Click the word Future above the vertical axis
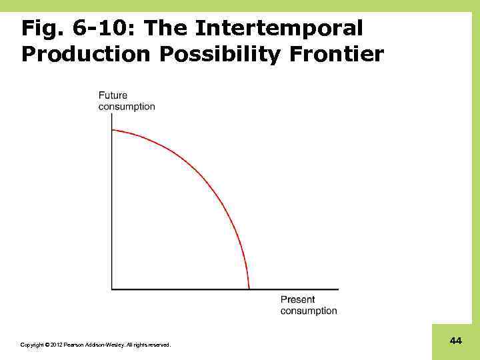(113, 96)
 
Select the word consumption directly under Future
(127, 107)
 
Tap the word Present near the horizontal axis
(297, 300)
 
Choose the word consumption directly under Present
(309, 311)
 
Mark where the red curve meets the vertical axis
(112, 129)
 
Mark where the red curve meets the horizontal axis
(249, 289)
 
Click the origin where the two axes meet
(112, 289)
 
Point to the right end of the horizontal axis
(337, 289)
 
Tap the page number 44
(456, 341)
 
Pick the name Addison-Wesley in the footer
(102, 345)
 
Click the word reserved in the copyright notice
(159, 345)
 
